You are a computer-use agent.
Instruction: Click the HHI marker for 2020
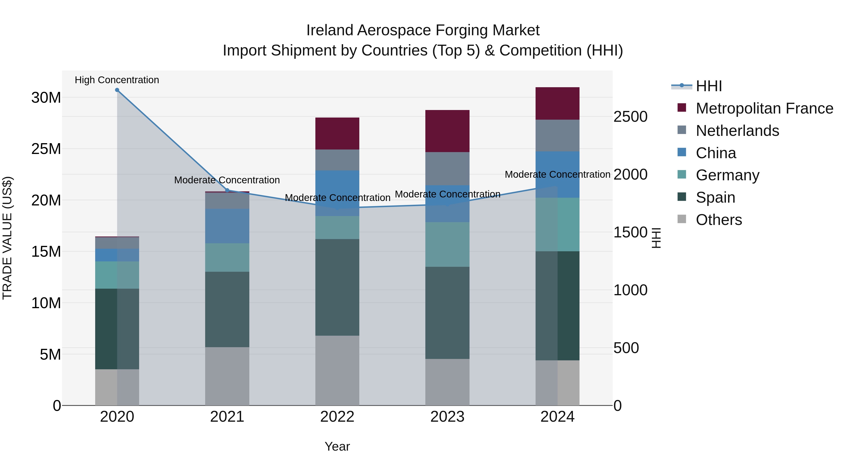[x=117, y=90]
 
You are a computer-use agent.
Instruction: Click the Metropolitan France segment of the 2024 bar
[x=557, y=103]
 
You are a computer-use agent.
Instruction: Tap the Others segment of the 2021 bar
[x=227, y=376]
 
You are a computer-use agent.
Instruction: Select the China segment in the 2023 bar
[x=447, y=204]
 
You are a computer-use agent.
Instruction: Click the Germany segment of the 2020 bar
[x=117, y=275]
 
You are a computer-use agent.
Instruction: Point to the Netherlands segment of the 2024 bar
[x=557, y=135]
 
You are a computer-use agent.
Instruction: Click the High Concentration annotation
[x=117, y=80]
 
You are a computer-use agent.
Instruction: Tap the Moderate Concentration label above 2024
[x=557, y=174]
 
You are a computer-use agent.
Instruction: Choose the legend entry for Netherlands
[x=737, y=131]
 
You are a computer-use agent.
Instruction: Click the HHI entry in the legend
[x=709, y=86]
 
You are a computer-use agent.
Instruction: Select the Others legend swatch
[x=682, y=219]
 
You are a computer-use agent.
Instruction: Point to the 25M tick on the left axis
[x=46, y=149]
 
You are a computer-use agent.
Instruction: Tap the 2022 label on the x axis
[x=337, y=417]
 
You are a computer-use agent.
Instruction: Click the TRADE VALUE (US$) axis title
[x=7, y=238]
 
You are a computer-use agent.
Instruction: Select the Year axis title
[x=337, y=446]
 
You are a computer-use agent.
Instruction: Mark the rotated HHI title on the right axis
[x=656, y=238]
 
